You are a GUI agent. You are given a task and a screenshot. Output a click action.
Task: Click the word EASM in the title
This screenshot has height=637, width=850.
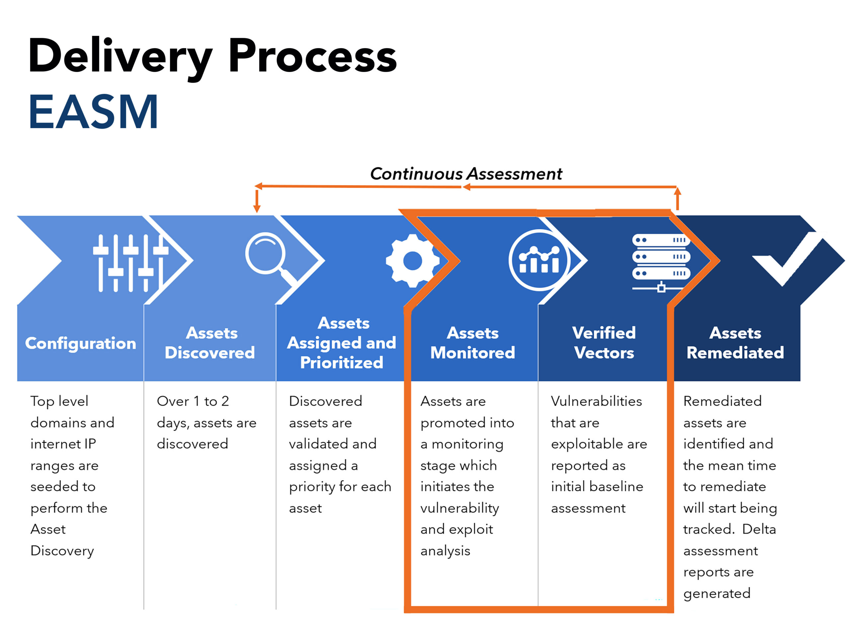click(93, 112)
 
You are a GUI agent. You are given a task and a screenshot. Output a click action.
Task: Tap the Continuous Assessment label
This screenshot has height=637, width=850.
click(466, 174)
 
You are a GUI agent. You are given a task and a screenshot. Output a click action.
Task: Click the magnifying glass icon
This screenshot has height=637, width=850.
click(269, 257)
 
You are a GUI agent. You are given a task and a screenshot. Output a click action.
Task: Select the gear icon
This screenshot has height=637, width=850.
click(412, 261)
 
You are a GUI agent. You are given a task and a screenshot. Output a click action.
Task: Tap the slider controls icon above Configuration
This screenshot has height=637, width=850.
click(130, 263)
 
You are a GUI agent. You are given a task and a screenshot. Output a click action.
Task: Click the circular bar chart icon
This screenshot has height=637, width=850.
click(539, 260)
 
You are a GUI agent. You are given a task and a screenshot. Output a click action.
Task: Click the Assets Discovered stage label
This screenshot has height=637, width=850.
click(210, 343)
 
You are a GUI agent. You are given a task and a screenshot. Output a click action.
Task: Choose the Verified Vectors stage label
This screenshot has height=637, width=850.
click(604, 343)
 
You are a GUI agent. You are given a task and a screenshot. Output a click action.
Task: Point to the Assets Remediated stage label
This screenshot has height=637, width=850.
click(735, 343)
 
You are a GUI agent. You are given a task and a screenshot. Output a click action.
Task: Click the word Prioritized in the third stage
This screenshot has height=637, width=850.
click(342, 363)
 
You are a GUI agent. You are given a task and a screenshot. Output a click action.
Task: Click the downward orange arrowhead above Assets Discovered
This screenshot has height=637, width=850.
click(257, 208)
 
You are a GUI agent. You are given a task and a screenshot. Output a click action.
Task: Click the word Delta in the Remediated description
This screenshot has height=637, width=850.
click(759, 529)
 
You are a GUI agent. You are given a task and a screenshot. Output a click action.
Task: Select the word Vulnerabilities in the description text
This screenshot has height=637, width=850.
click(596, 401)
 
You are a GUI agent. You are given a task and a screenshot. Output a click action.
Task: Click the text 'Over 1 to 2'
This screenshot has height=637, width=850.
click(193, 401)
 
